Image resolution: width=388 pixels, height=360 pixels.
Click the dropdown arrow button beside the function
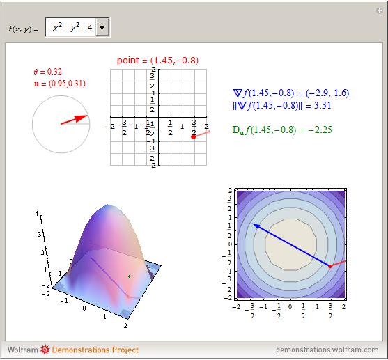coord(102,28)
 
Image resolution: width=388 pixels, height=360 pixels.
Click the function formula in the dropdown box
coord(70,28)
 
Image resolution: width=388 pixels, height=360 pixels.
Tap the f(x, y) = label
coord(23,29)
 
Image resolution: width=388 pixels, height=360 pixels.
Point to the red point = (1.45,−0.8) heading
coord(157,61)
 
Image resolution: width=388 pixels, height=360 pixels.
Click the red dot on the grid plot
coord(193,136)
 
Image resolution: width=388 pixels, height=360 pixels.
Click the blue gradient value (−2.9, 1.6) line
coord(291,93)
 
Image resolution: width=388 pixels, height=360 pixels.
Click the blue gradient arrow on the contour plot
coord(290,244)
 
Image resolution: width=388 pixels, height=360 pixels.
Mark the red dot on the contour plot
coord(329,266)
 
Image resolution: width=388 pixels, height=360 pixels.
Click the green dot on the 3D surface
coord(130,276)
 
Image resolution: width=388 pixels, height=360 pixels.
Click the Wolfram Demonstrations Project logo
coord(73,350)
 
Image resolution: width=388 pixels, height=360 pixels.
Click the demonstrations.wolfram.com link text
coord(327,350)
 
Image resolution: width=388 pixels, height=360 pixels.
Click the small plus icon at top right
coord(378,11)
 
